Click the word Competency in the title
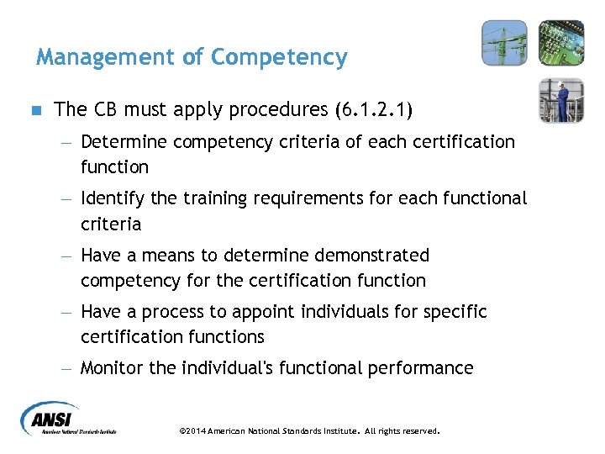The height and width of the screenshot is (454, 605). click(279, 57)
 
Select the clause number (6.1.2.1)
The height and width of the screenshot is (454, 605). click(374, 110)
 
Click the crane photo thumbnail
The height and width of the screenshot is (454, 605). click(504, 44)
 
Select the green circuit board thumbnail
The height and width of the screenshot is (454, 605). click(560, 44)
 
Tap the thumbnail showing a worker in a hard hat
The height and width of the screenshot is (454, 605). click(560, 100)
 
